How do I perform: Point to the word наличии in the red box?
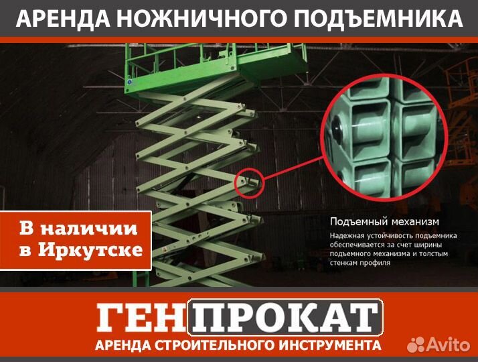click(97, 228)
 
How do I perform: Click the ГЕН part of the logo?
click(141, 318)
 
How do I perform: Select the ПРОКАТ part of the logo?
click(285, 318)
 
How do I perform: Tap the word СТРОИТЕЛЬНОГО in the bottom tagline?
click(210, 346)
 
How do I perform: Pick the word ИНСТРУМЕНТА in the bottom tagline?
click(324, 346)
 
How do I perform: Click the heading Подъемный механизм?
click(384, 221)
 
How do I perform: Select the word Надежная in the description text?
click(349, 236)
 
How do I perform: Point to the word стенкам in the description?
click(347, 263)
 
